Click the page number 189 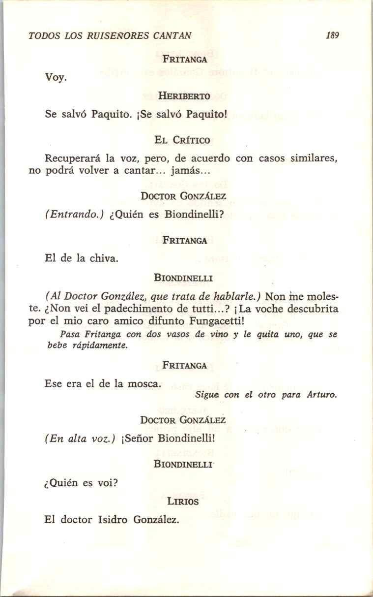tap(333, 35)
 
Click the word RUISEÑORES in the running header tap(115, 35)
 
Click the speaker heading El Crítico tap(183, 140)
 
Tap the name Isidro tap(112, 520)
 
